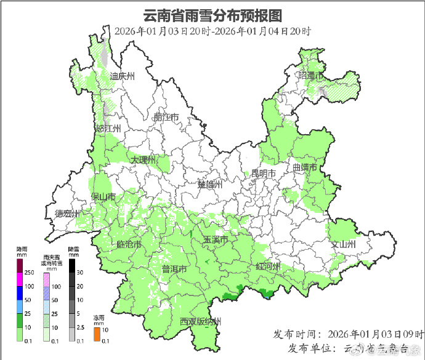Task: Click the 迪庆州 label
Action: [122, 76]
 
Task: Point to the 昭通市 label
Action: [311, 75]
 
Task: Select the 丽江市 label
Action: [166, 117]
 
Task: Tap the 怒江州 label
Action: [108, 129]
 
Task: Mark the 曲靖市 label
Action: [304, 167]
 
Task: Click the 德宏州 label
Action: [67, 214]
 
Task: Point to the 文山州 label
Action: [344, 244]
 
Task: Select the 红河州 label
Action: [268, 266]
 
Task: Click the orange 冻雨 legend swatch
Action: [97, 334]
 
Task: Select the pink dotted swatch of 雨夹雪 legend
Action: [46, 280]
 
